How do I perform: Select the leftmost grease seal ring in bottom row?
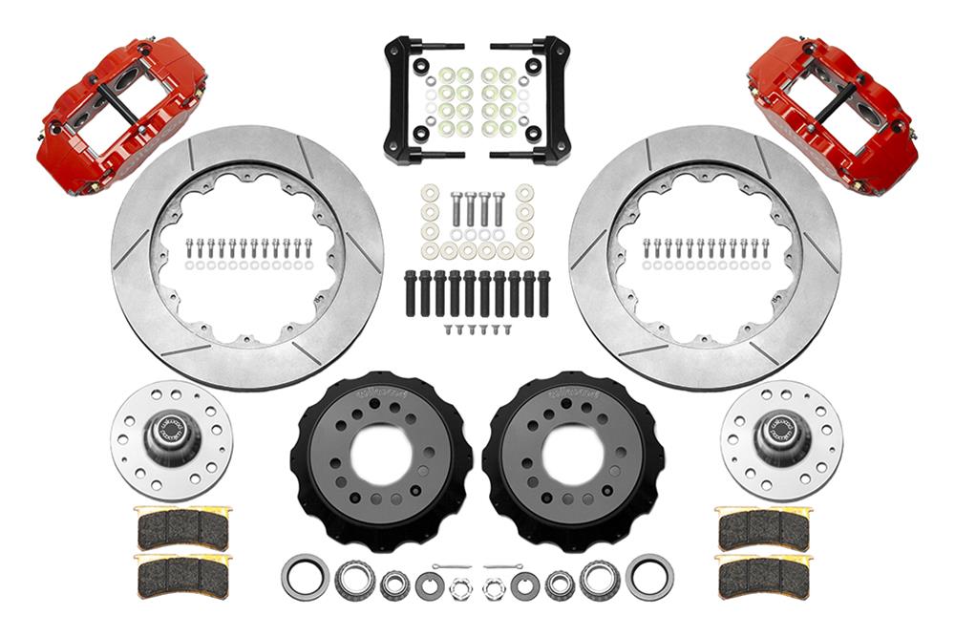[305, 579]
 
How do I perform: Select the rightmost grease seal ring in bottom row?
[649, 579]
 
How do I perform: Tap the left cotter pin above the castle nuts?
[449, 567]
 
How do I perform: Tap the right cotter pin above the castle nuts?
[503, 567]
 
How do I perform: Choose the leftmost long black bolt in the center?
[411, 294]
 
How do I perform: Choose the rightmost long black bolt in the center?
[543, 294]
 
